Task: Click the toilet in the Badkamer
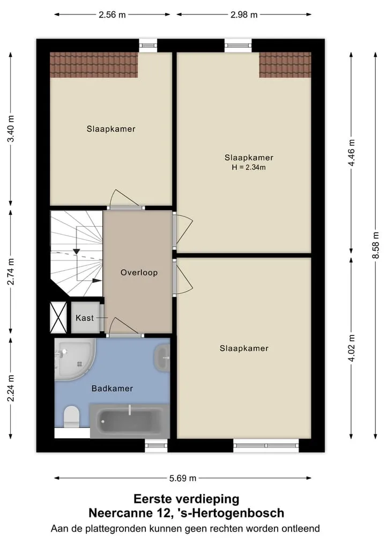pos(72,416)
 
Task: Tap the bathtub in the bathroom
pos(130,421)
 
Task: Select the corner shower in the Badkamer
pos(75,360)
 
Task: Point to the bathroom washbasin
pos(162,357)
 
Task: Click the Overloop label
pos(139,272)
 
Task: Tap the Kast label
pos(85,318)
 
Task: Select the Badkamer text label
pos(113,388)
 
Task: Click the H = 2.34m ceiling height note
pos(249,167)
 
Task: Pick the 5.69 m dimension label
pos(183,478)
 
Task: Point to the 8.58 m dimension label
pos(376,245)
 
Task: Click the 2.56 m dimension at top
pos(112,14)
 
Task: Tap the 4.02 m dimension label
pos(351,348)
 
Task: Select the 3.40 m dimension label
pos(11,129)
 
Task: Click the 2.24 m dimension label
pos(11,388)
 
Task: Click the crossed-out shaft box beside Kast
pos(58,317)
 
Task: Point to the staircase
pos(77,253)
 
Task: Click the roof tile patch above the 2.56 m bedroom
pos(94,65)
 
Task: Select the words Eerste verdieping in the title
pos(187,499)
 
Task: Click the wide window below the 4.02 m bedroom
pos(266,446)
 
